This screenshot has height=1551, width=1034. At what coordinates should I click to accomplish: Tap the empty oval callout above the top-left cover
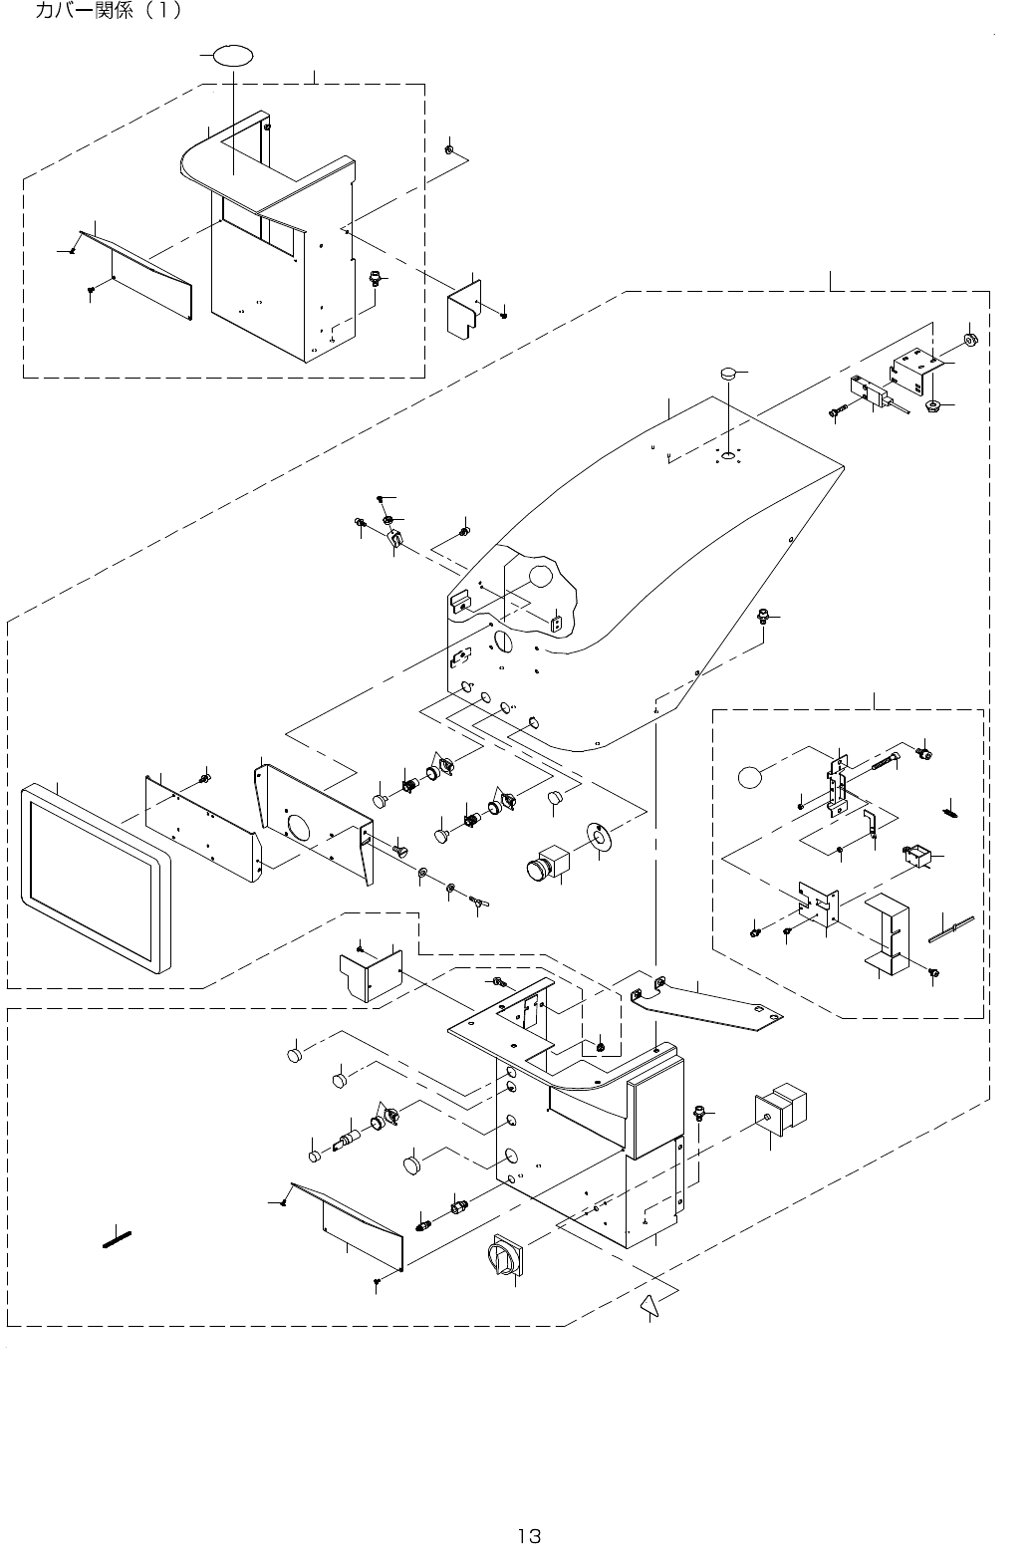coord(231,55)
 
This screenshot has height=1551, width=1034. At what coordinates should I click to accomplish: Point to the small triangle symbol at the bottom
coord(649,1305)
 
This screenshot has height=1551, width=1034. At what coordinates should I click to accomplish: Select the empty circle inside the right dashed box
coord(754,775)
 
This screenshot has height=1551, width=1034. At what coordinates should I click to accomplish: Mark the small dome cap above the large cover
coord(728,374)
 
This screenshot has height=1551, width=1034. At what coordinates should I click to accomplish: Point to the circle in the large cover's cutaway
coord(539,576)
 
